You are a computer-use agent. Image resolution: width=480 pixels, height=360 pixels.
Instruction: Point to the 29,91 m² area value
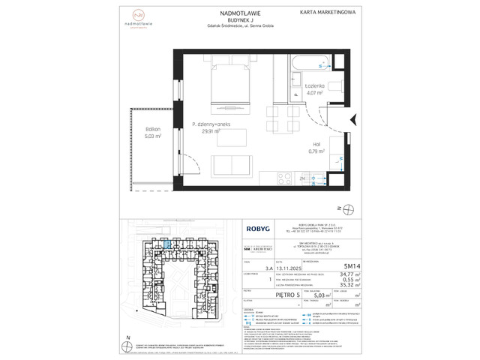[x=212, y=130]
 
